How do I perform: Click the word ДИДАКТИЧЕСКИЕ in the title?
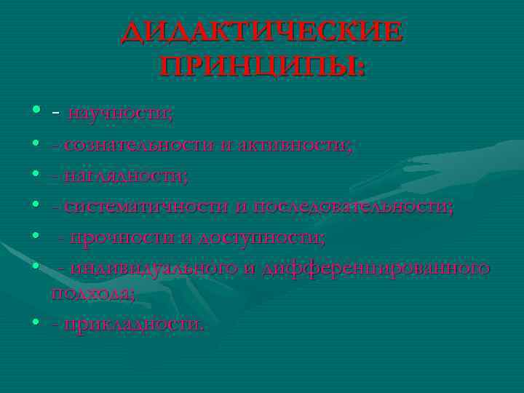262,32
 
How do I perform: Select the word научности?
119,114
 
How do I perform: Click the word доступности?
262,237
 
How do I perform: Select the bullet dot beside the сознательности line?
36,143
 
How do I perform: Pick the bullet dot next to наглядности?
36,174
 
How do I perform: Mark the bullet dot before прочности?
36,236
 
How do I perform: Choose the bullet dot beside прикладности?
36,321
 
